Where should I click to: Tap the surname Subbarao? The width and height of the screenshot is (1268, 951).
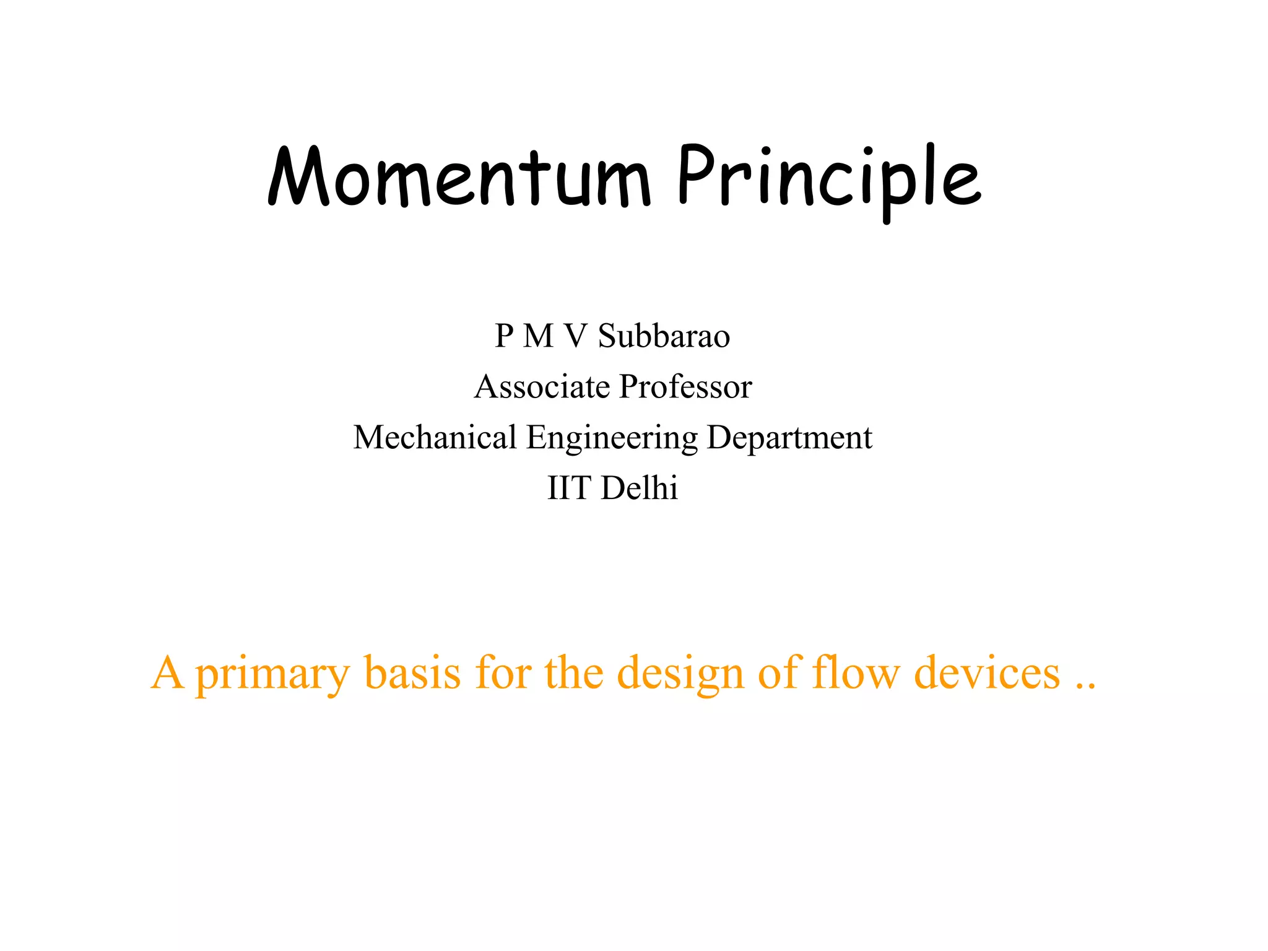(664, 336)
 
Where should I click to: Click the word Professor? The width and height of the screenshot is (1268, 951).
(685, 387)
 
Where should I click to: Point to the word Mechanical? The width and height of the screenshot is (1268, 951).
(435, 438)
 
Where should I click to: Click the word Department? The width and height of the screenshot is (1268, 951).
(789, 438)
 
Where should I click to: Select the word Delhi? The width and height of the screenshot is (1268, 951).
(640, 488)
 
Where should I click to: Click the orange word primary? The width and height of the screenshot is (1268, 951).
(272, 674)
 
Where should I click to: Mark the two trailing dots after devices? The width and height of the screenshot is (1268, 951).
(1085, 686)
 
